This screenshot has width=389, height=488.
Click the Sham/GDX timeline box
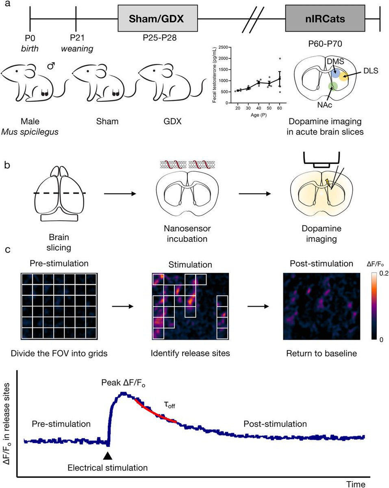[157, 19]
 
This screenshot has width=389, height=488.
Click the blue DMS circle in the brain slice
[336, 73]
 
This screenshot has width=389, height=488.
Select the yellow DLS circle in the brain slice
[344, 76]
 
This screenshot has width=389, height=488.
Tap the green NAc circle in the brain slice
[333, 86]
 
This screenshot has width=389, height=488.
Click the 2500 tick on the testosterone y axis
[222, 48]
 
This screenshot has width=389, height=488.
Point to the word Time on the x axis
[356, 484]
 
